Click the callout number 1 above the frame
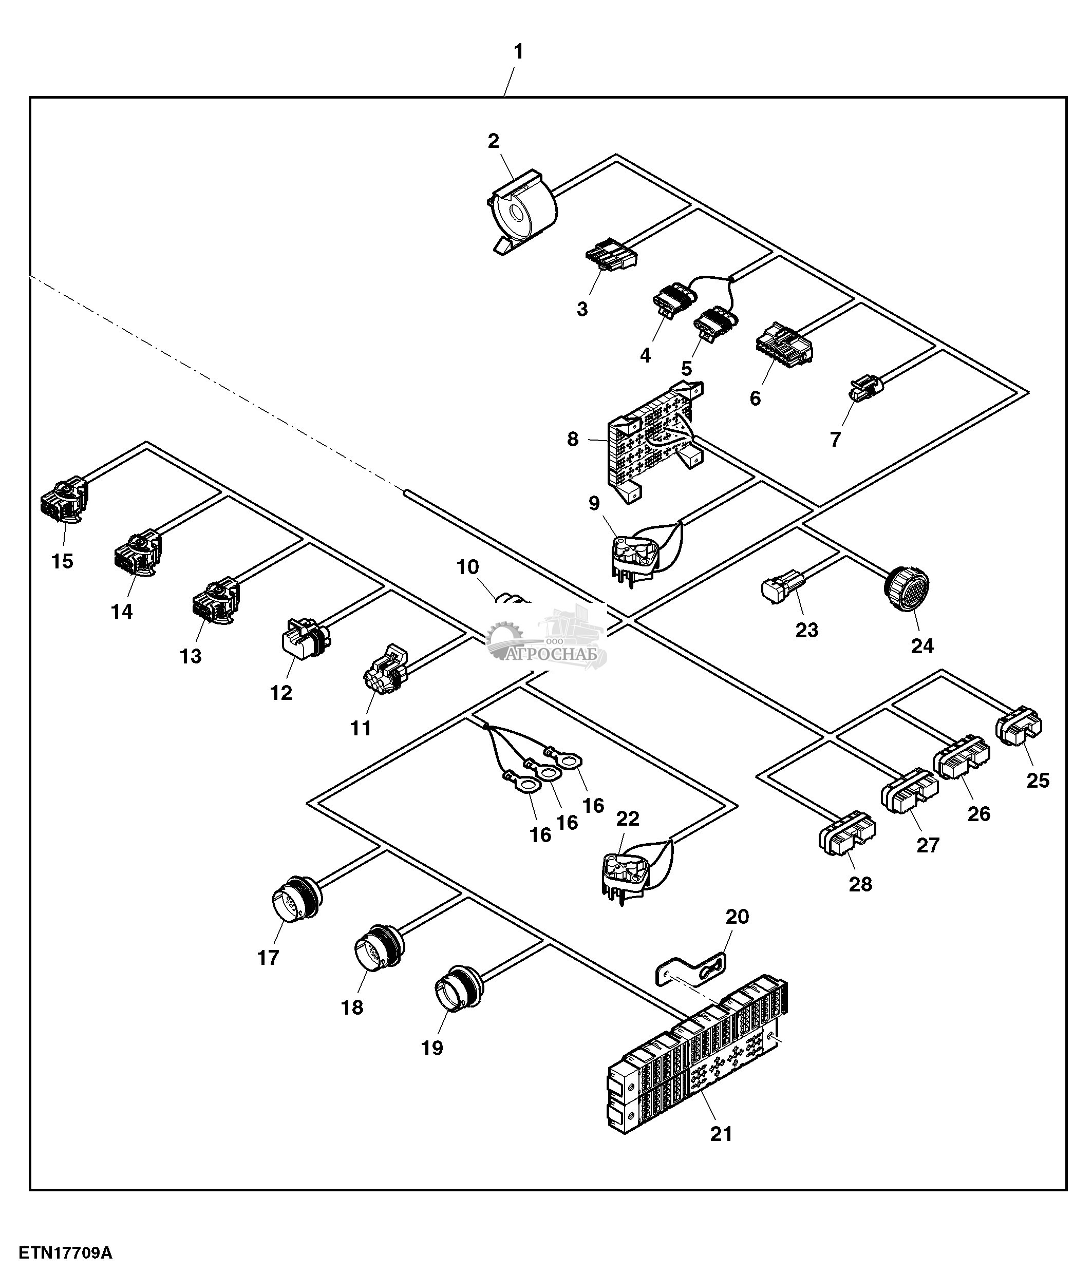coord(518,52)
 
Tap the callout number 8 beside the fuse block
coord(572,439)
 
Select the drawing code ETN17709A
coord(65,1253)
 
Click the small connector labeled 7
coord(865,389)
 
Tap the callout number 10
coord(467,567)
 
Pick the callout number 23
coord(807,630)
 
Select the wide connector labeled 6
coord(783,342)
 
